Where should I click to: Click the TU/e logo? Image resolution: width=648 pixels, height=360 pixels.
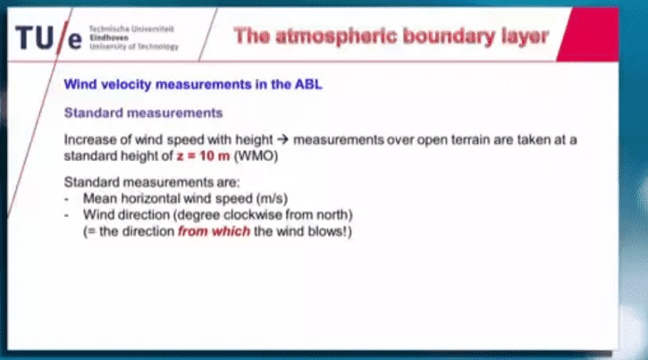pos(49,38)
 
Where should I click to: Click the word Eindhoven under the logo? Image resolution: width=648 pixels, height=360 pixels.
pos(109,38)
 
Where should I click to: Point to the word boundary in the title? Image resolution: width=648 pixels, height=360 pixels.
pos(449,37)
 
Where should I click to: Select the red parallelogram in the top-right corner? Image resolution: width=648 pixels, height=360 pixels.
pos(587,35)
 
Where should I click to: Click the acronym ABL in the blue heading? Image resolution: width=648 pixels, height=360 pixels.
pos(308,84)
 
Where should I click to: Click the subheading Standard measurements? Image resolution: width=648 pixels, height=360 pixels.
pos(143,113)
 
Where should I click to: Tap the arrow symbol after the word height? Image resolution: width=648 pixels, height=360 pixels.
pos(282,139)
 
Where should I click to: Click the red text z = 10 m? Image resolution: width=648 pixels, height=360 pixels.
pos(203,156)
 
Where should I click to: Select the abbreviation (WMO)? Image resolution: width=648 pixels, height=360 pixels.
pos(257,156)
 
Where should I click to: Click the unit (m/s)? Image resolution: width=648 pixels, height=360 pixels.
pos(272,198)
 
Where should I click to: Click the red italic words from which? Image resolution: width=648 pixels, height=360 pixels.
pos(215,231)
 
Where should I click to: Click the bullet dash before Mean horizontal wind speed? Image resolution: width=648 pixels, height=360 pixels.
pos(66,199)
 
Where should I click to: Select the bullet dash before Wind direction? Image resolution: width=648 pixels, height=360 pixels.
pos(66,215)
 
